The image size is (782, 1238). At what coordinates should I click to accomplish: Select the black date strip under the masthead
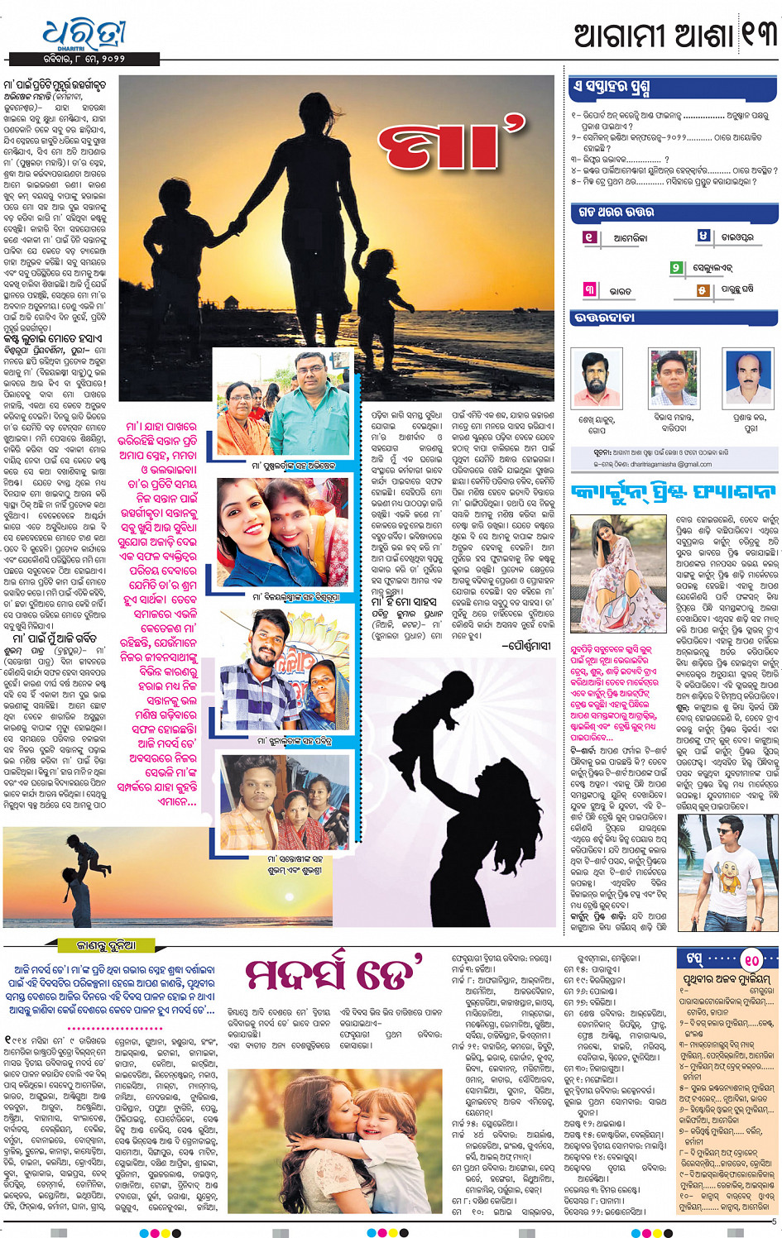pyautogui.click(x=85, y=60)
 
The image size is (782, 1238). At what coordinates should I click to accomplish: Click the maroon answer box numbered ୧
pyautogui.click(x=589, y=237)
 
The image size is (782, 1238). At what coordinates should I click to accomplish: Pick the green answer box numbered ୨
pyautogui.click(x=676, y=267)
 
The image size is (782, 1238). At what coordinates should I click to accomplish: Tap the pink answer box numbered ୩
pyautogui.click(x=589, y=289)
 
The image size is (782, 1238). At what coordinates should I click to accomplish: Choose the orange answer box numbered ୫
pyautogui.click(x=703, y=289)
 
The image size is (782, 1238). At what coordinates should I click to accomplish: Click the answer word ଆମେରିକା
pyautogui.click(x=631, y=238)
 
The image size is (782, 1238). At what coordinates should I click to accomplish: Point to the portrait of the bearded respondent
pyautogui.click(x=595, y=380)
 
